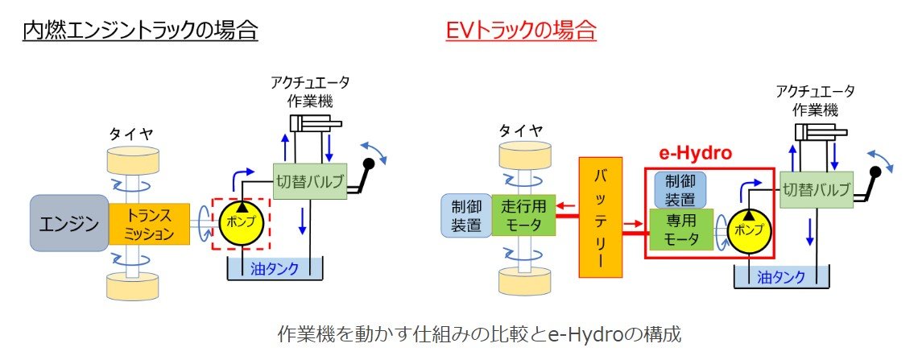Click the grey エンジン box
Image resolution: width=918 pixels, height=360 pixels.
point(68,223)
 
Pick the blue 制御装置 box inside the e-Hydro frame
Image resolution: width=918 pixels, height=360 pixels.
point(680,188)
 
